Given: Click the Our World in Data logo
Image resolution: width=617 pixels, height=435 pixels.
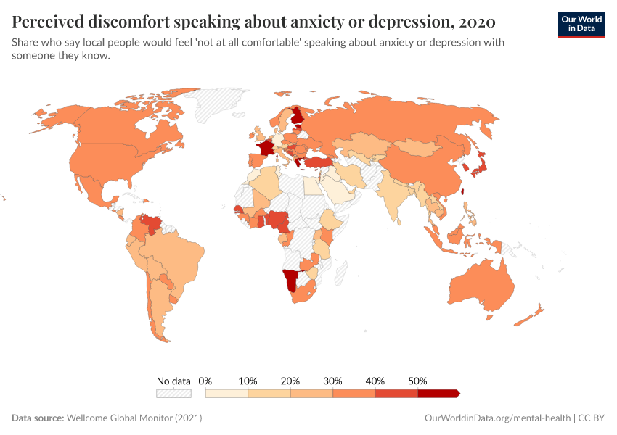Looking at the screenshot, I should [581, 24].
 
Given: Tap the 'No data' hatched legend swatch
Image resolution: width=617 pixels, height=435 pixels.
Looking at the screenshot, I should [173, 393].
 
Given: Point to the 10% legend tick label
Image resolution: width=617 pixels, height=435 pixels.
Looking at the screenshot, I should [248, 381].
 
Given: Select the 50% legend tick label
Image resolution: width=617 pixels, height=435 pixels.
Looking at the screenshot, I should [417, 381].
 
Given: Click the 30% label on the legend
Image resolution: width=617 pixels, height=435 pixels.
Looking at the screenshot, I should [332, 381].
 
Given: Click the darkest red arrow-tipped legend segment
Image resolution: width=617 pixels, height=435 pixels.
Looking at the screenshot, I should [438, 393].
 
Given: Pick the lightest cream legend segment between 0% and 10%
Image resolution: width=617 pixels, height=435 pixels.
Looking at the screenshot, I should [226, 393].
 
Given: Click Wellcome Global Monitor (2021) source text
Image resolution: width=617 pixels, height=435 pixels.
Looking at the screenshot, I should [134, 418].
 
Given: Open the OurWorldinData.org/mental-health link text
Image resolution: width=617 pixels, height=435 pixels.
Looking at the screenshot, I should [497, 418].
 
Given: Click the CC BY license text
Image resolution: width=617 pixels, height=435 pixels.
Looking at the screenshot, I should [592, 418].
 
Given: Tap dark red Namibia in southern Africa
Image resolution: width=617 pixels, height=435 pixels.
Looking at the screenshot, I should [291, 280].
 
